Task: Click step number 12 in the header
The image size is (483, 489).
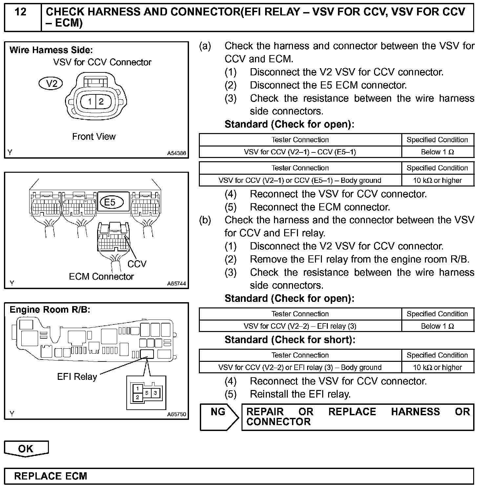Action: pyautogui.click(x=20, y=12)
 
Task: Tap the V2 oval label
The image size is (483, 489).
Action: pyautogui.click(x=51, y=84)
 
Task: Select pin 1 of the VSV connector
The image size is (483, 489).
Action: pyautogui.click(x=90, y=102)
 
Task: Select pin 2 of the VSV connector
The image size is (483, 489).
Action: pyautogui.click(x=101, y=102)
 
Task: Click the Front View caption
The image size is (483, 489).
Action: pyautogui.click(x=94, y=137)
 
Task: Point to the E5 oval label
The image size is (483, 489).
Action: pyautogui.click(x=110, y=202)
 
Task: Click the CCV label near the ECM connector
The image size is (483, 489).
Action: pyautogui.click(x=137, y=264)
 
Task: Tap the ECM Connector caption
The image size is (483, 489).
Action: pyautogui.click(x=101, y=277)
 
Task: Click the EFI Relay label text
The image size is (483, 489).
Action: pyautogui.click(x=77, y=377)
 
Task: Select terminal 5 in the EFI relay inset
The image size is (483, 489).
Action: pyautogui.click(x=147, y=393)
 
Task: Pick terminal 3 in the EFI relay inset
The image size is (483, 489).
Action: pyautogui.click(x=155, y=393)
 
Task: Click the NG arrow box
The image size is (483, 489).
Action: pyautogui.click(x=219, y=417)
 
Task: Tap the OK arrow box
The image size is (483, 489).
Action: pyautogui.click(x=26, y=449)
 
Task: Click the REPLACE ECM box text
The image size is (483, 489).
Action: pyautogui.click(x=51, y=476)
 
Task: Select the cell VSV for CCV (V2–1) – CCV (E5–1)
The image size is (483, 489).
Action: pyautogui.click(x=300, y=152)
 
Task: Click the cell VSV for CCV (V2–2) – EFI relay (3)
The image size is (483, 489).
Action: pyautogui.click(x=300, y=326)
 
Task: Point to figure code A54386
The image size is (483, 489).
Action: pyautogui.click(x=177, y=153)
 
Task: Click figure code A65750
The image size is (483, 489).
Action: pyautogui.click(x=177, y=414)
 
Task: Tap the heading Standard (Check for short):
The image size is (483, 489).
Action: pyautogui.click(x=290, y=340)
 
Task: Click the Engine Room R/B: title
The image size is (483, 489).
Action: pyautogui.click(x=50, y=310)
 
